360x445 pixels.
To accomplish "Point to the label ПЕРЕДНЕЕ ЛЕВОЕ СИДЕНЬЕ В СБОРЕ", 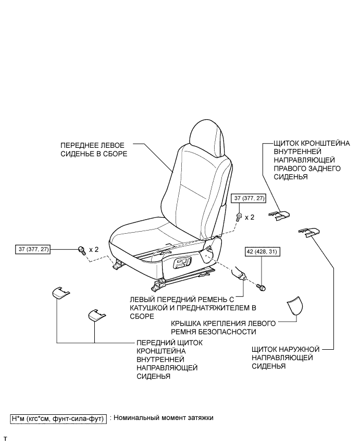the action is (94, 150).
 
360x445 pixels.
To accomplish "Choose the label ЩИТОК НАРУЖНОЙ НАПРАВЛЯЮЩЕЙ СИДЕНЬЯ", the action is (281, 358).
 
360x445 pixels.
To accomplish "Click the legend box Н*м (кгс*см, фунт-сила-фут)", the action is (58, 418).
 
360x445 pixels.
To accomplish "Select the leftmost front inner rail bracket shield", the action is (60, 293).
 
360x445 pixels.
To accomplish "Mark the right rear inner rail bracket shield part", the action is (279, 214).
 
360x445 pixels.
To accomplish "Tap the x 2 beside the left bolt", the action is (94, 249).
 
